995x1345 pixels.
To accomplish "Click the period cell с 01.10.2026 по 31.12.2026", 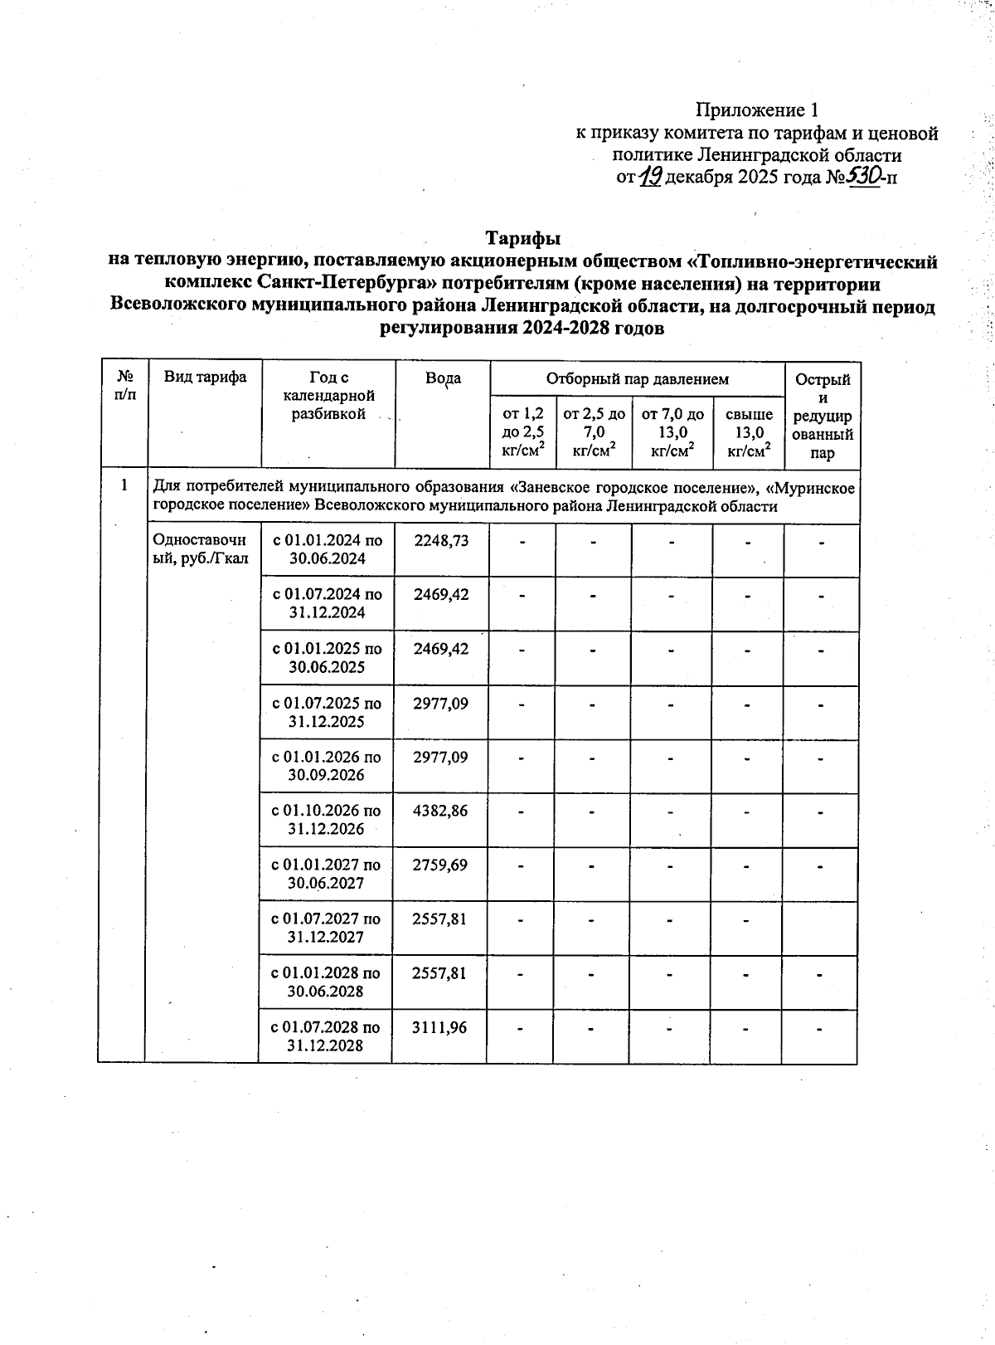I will pyautogui.click(x=327, y=819).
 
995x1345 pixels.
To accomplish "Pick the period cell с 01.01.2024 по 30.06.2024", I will pyautogui.click(x=328, y=549).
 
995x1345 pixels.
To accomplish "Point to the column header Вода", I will pyautogui.click(x=443, y=378).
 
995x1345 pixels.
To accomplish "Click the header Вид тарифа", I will pyautogui.click(x=205, y=378).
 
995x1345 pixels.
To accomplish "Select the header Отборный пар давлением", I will pyautogui.click(x=637, y=379).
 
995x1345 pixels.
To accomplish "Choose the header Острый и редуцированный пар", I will pyautogui.click(x=823, y=416).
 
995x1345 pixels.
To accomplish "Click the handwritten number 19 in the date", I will pyautogui.click(x=650, y=177).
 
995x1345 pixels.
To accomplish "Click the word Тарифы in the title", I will pyautogui.click(x=523, y=238).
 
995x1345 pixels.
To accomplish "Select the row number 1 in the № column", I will pyautogui.click(x=124, y=485).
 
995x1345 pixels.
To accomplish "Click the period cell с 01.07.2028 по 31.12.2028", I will pyautogui.click(x=326, y=1036).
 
